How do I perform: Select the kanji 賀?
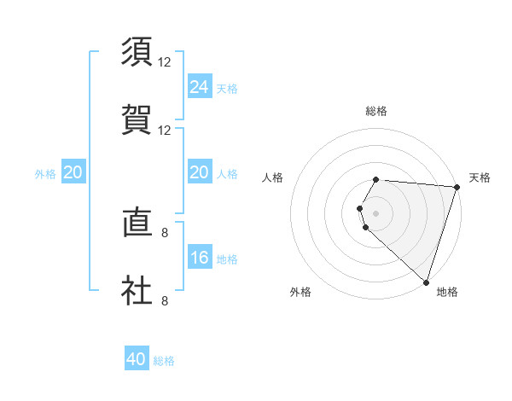[x=137, y=119]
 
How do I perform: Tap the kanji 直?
[x=137, y=224]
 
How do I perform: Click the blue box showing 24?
[x=200, y=86]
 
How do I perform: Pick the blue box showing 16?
[x=200, y=258]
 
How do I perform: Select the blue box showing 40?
[x=137, y=359]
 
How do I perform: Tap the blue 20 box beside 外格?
[x=73, y=172]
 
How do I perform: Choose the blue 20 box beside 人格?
[x=200, y=172]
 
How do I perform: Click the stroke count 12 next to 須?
[x=165, y=62]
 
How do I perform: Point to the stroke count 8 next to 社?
[x=165, y=300]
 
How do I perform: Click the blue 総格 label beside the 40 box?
[x=164, y=361]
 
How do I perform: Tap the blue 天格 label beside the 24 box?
[x=227, y=88]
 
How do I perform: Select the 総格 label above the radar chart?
[x=376, y=111]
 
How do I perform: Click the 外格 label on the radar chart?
[x=300, y=292]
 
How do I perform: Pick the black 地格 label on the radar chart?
[x=447, y=292]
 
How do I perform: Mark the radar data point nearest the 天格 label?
[x=457, y=187]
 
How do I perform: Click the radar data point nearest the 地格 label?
[x=426, y=282]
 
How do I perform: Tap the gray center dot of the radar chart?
[x=376, y=212]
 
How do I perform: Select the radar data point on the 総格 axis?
[x=376, y=180]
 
